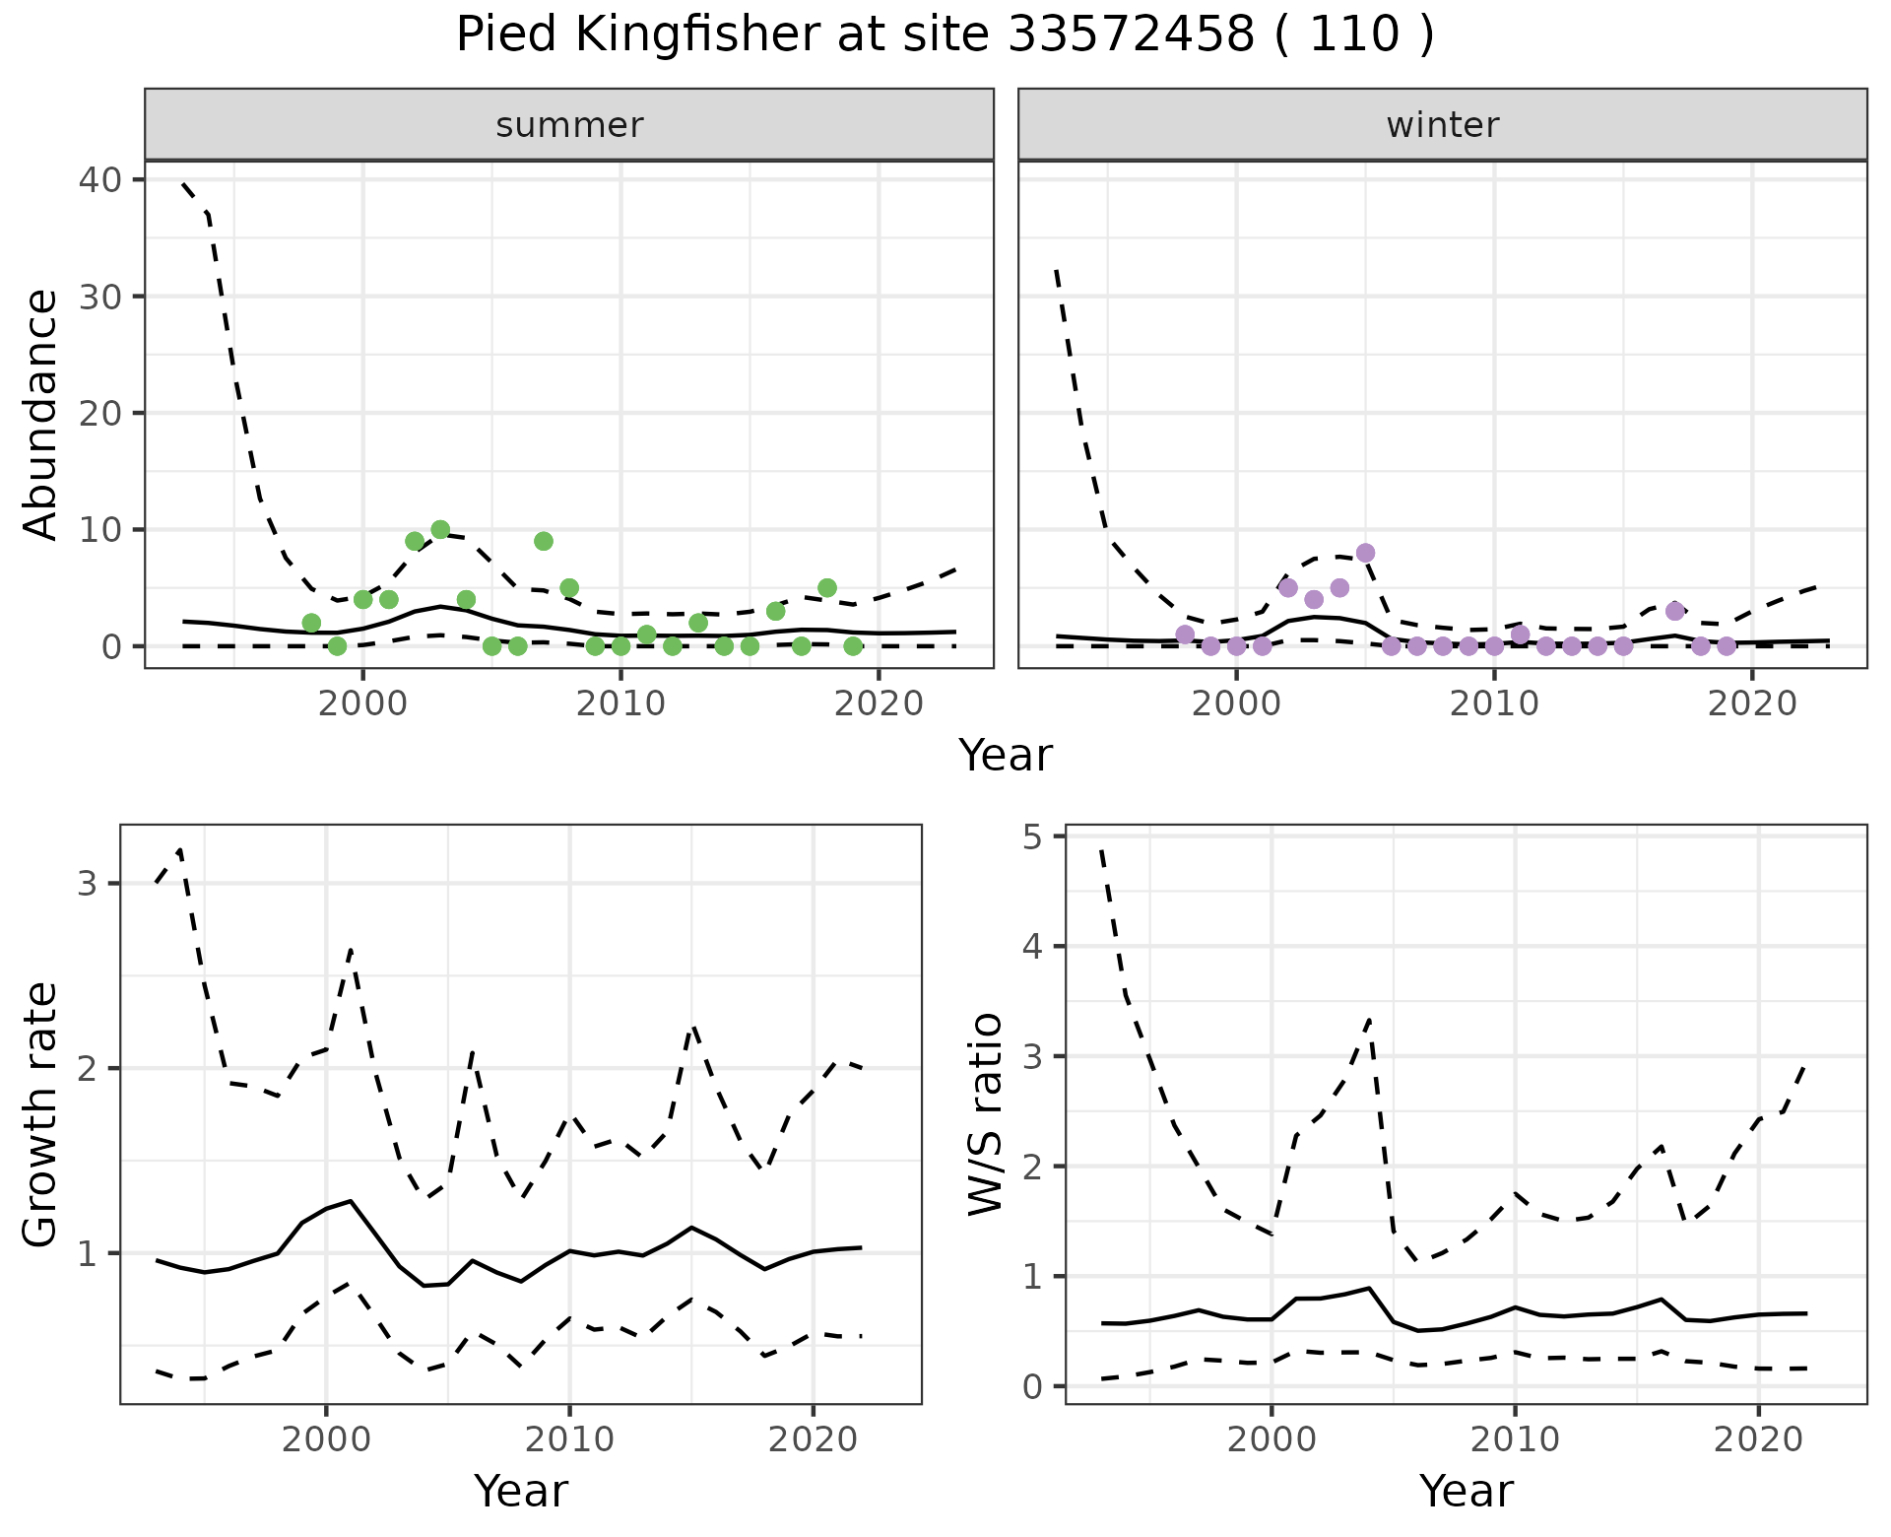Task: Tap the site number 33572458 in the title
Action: coord(1131,35)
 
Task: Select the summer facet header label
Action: coord(569,125)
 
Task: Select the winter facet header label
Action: coord(1443,125)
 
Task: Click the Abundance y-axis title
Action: coord(40,414)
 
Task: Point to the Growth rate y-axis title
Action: coord(40,1115)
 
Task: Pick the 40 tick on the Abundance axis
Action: coord(98,180)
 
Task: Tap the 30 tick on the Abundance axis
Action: coord(98,297)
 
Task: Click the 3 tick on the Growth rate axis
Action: coord(88,883)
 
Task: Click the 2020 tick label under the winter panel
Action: coord(1752,703)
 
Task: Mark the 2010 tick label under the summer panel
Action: coord(620,703)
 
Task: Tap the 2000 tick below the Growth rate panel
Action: coord(326,1439)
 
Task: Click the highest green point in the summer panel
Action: coord(440,530)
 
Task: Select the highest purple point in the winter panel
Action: coord(1365,553)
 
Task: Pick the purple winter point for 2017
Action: coord(1675,611)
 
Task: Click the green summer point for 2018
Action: coord(827,588)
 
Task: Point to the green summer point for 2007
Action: coord(544,541)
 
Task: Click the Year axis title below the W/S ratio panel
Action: coord(1466,1492)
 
